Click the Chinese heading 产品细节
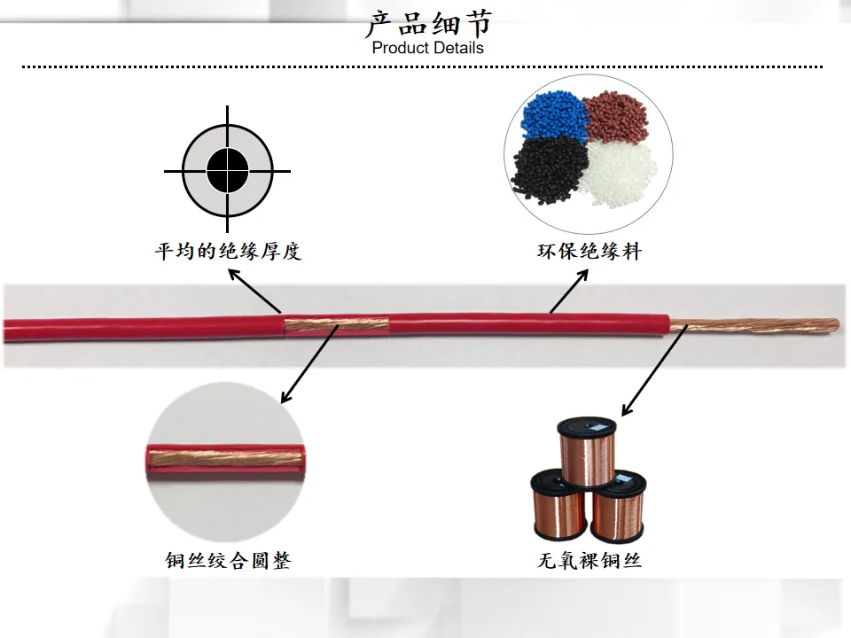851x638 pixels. click(x=429, y=24)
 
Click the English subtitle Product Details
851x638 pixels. click(x=427, y=48)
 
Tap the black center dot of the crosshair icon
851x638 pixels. click(x=228, y=170)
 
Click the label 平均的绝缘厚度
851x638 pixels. click(x=228, y=251)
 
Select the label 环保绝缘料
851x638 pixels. click(x=589, y=251)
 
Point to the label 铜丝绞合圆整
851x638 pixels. click(x=228, y=560)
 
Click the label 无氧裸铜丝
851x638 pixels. click(x=589, y=560)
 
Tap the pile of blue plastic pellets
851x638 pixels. click(x=554, y=114)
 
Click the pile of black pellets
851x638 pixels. click(x=550, y=168)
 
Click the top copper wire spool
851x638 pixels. click(x=587, y=451)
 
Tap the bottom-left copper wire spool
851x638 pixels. click(x=559, y=504)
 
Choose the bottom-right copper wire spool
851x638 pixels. click(x=618, y=507)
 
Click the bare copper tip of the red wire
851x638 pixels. click(x=754, y=325)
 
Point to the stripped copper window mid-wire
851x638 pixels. click(x=337, y=325)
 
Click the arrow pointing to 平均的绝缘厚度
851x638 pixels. click(x=254, y=291)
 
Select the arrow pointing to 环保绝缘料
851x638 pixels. click(x=569, y=291)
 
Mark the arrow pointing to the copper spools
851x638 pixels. click(x=654, y=370)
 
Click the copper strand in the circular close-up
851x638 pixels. click(x=226, y=459)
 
